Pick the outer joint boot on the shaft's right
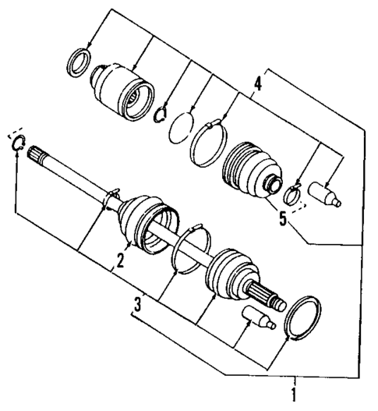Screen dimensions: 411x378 (230, 277)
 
